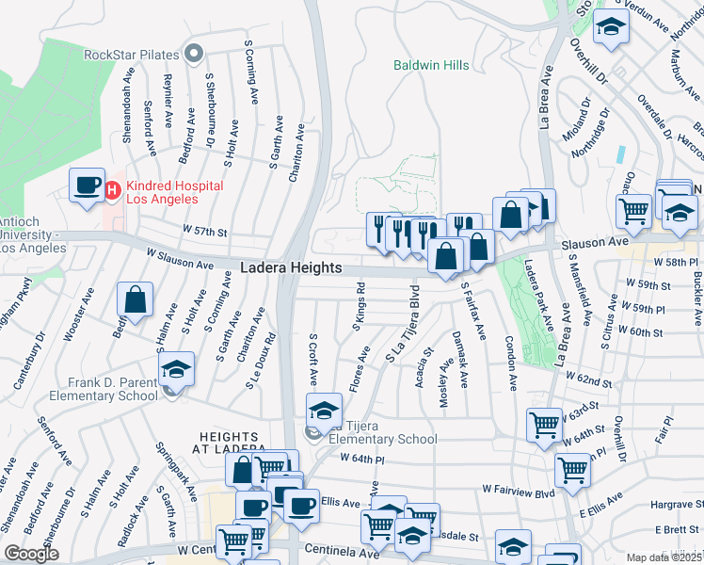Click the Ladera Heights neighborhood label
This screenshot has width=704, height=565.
point(291,268)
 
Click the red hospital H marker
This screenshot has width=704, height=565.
point(112,191)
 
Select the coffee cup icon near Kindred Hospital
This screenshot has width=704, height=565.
point(87,185)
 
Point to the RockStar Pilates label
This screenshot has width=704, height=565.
point(131,54)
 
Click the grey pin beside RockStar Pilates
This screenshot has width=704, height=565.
point(196,53)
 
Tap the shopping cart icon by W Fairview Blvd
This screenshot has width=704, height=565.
point(571,469)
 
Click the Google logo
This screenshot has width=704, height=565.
point(31,554)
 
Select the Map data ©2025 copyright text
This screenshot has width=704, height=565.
point(664,557)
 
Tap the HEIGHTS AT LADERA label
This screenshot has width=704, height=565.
point(232,442)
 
